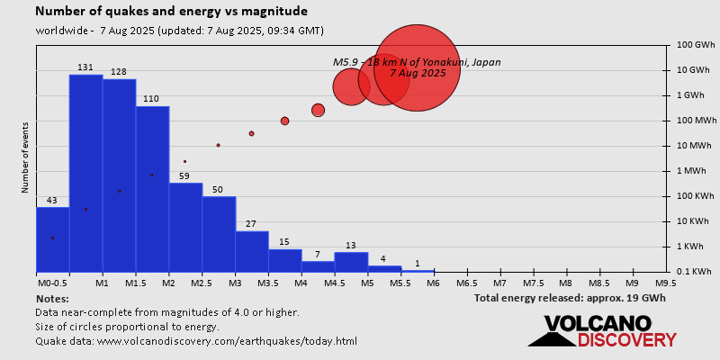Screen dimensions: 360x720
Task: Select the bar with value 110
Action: (152, 189)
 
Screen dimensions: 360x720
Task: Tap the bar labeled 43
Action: (52, 239)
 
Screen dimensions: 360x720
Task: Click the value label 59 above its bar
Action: (185, 176)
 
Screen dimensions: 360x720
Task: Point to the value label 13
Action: (351, 246)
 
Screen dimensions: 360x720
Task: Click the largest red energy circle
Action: (417, 67)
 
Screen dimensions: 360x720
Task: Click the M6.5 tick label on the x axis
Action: (466, 283)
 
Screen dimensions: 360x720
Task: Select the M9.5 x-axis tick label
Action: (666, 283)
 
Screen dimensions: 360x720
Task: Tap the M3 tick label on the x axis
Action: (235, 283)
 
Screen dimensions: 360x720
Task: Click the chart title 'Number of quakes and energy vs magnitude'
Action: (171, 12)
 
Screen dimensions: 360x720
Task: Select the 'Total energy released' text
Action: (570, 297)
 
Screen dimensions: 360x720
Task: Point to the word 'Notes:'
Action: (52, 298)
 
